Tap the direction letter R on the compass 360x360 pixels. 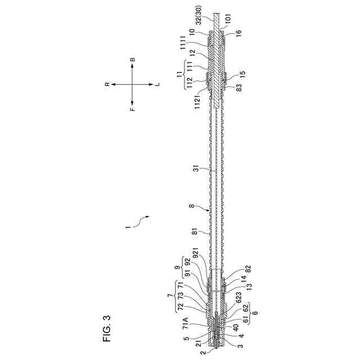click(107, 84)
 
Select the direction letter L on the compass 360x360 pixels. click(158, 84)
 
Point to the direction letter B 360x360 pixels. click(133, 59)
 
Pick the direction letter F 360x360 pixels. click(133, 109)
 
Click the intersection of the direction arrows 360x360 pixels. click(133, 84)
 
